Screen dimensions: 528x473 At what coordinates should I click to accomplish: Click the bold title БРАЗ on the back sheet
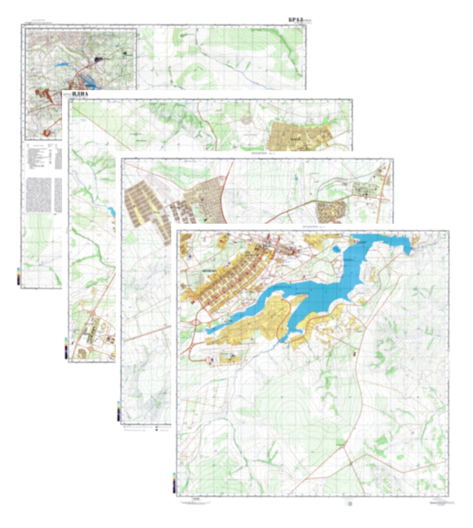click(296, 20)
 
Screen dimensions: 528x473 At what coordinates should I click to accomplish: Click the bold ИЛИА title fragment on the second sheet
click(80, 94)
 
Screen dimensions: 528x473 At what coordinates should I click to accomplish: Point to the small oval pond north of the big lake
click(336, 249)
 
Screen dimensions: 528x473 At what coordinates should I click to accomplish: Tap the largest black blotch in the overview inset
click(98, 60)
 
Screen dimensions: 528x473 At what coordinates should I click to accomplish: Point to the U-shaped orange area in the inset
click(47, 133)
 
